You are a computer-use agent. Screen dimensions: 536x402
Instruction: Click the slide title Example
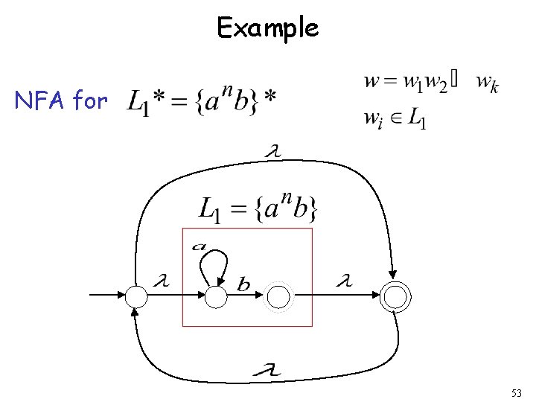[x=267, y=28]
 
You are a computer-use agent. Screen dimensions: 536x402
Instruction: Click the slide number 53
[x=517, y=392]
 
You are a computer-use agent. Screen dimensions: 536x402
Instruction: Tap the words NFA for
[x=61, y=100]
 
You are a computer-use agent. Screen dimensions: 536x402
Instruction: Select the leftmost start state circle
[x=137, y=297]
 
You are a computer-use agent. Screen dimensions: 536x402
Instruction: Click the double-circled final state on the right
[x=395, y=297]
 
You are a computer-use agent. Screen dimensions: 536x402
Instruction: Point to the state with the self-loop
[x=215, y=297]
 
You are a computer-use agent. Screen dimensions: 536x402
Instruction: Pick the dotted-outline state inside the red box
[x=278, y=297]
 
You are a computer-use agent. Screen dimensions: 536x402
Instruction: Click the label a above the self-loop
[x=200, y=246]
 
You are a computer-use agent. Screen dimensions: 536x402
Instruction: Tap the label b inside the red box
[x=244, y=284]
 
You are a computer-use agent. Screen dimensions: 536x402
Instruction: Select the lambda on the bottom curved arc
[x=266, y=368]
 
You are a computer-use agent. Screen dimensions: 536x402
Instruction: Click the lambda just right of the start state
[x=160, y=281]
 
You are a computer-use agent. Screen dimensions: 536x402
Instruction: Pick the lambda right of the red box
[x=343, y=282]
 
